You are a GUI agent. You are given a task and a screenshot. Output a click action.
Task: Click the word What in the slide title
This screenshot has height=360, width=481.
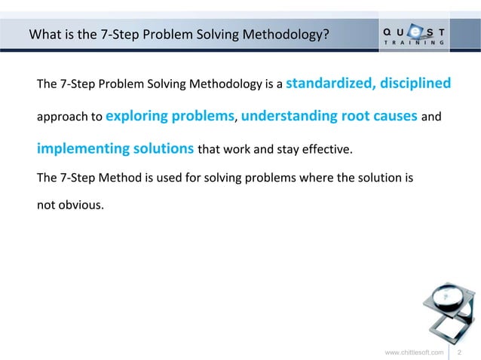pos(44,33)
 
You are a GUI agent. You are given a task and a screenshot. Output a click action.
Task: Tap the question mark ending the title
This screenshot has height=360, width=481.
pos(326,33)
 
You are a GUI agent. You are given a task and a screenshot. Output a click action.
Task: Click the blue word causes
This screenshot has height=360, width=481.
pos(400,117)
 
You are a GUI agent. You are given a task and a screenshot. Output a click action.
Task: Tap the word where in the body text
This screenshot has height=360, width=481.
pos(317,178)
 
